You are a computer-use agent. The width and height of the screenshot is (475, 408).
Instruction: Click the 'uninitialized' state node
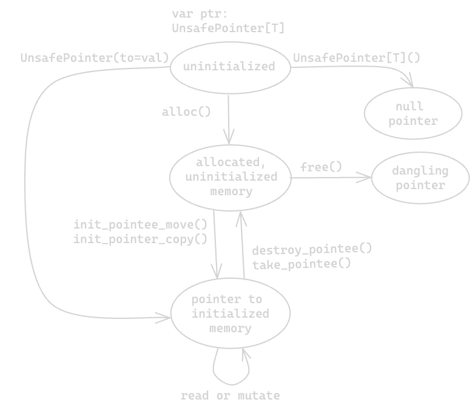[x=229, y=67]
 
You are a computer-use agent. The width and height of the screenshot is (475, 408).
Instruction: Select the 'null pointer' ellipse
[x=413, y=114]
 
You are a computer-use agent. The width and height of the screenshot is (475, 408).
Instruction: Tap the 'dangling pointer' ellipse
[x=420, y=178]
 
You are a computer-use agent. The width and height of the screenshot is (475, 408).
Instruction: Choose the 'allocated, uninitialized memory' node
[x=231, y=176]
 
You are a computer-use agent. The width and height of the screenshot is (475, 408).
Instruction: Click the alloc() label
[x=186, y=112]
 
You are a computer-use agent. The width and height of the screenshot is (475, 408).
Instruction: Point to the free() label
[x=321, y=167]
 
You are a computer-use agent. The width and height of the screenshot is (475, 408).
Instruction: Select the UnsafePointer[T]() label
[x=357, y=58]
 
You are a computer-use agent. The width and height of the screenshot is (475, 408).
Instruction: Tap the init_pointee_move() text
[x=140, y=224]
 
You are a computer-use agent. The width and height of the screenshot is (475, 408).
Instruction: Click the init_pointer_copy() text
[x=140, y=239]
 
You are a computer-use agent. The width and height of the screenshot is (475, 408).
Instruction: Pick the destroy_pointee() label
[x=312, y=249]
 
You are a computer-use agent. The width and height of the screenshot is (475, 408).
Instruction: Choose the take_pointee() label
[x=302, y=264]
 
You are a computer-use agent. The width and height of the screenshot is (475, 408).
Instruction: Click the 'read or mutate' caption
[x=230, y=396]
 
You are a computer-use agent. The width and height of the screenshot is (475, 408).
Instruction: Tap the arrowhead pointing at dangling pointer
[x=366, y=177]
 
